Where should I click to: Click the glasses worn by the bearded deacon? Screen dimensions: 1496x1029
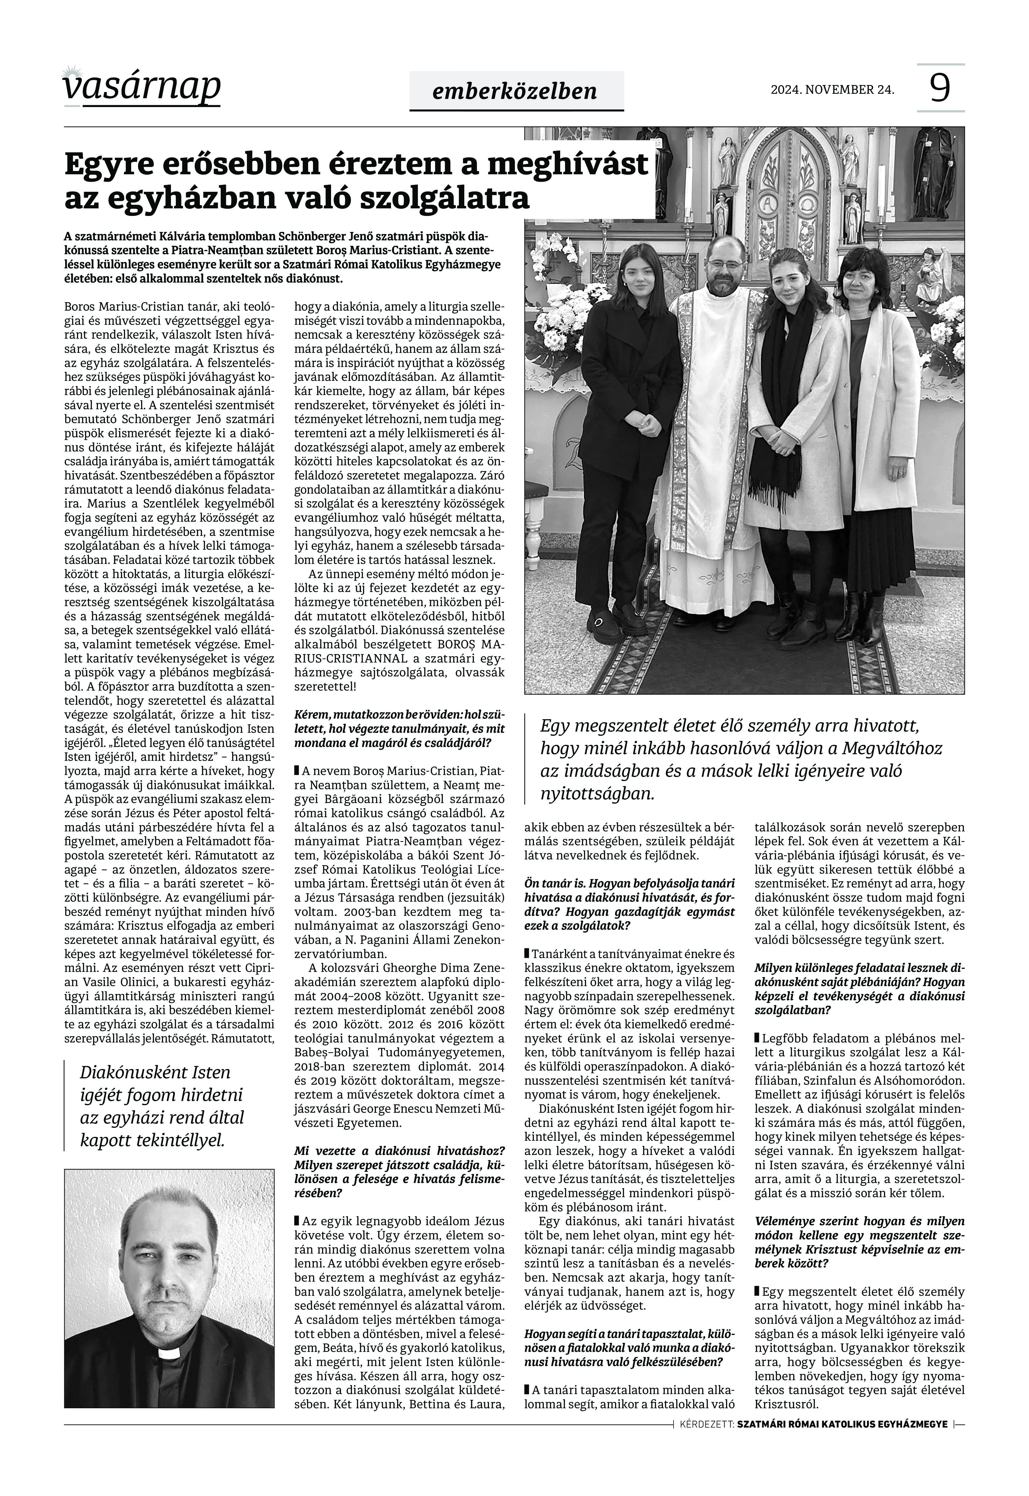point(722,263)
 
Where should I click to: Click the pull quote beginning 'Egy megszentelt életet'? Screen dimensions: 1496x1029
point(741,760)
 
